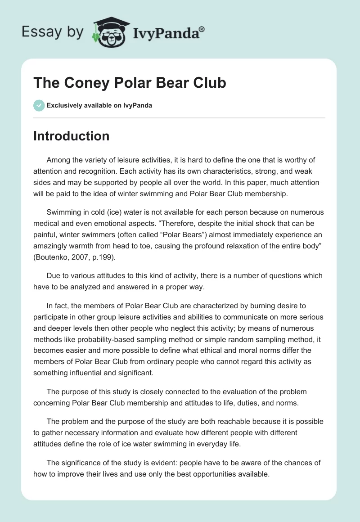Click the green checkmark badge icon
39,105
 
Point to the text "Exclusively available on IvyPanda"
99,106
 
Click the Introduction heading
71,136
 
